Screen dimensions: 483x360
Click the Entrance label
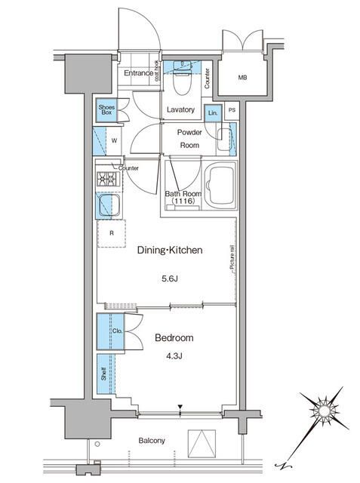point(138,74)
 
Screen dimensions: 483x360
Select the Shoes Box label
point(105,110)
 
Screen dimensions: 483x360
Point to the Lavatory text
point(180,110)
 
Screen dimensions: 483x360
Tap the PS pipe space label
point(232,111)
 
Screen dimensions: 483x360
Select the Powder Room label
point(188,138)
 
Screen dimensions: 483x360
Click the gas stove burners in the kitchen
point(106,179)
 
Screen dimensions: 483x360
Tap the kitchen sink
point(107,205)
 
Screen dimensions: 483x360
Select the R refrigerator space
point(112,233)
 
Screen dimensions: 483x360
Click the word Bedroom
point(174,337)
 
